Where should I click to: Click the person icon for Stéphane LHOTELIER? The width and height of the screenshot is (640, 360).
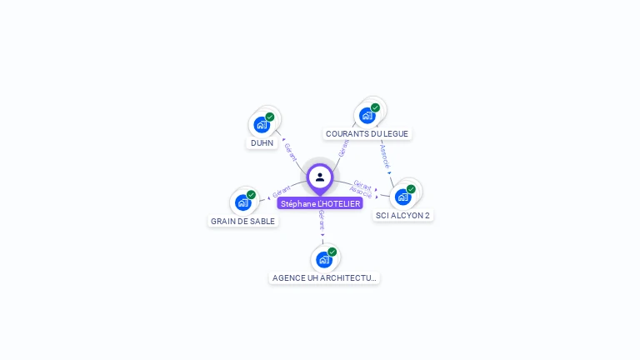click(320, 177)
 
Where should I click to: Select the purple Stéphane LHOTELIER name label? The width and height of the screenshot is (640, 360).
click(320, 203)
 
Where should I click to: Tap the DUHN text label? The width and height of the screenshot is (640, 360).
click(262, 142)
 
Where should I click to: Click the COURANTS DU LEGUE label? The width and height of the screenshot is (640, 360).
click(367, 133)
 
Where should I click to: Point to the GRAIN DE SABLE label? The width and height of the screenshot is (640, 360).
click(242, 221)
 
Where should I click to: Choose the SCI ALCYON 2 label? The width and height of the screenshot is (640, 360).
click(402, 215)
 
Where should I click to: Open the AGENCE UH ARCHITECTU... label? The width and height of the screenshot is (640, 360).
click(324, 277)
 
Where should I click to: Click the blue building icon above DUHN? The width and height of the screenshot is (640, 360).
click(262, 125)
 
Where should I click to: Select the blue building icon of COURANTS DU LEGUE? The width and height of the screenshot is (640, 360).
click(367, 115)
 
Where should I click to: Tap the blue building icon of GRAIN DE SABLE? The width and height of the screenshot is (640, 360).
click(242, 202)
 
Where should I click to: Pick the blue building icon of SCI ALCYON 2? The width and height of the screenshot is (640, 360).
click(402, 197)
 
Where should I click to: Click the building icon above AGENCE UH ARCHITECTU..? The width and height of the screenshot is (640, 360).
click(324, 259)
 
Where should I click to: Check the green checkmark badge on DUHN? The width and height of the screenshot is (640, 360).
click(270, 117)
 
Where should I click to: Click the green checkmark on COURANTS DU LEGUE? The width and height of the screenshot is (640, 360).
click(375, 107)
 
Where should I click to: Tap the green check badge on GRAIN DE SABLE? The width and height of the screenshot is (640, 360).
click(251, 195)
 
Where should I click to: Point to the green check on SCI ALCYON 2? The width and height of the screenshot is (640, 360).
click(411, 189)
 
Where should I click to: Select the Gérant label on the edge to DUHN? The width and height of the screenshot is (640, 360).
click(291, 151)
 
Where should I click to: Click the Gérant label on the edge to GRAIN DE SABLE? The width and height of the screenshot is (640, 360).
click(281, 191)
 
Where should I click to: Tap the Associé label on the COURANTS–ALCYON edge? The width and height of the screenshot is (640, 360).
click(384, 156)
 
